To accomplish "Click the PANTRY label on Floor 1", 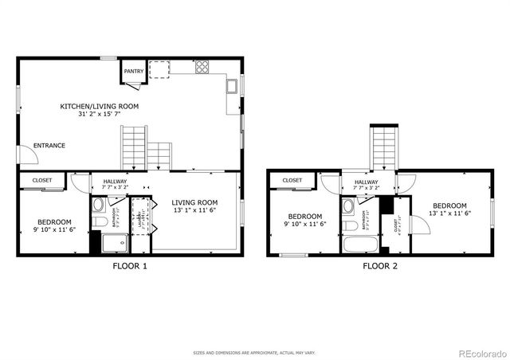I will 134,72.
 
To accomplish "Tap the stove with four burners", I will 202,67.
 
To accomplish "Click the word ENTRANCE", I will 49,146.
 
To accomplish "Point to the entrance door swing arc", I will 29,157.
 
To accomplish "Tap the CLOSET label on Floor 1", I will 42,181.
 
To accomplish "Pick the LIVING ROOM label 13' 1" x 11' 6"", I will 194,207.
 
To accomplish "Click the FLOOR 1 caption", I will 129,266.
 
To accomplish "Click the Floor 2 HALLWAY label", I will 366,186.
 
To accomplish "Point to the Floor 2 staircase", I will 384,147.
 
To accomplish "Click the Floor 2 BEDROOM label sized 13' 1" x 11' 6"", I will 450,208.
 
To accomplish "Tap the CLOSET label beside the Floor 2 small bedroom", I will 292,181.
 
